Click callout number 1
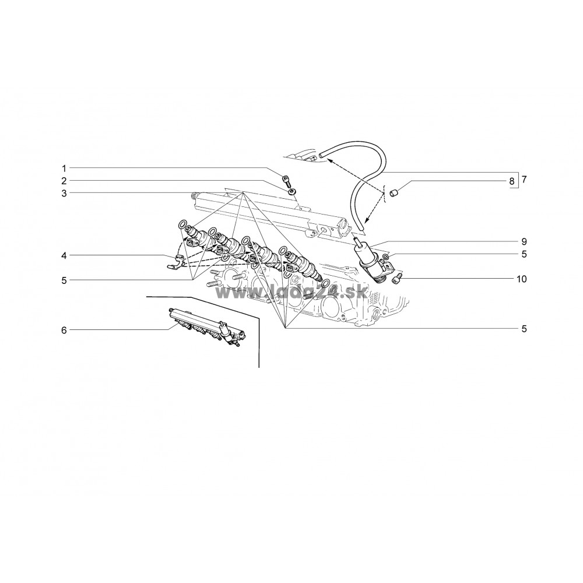[64, 168]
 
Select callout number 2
[64, 181]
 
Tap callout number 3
[64, 194]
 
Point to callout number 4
[64, 255]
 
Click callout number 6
[64, 330]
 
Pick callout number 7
[524, 180]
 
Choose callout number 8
[512, 181]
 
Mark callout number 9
[524, 242]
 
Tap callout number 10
[522, 279]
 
